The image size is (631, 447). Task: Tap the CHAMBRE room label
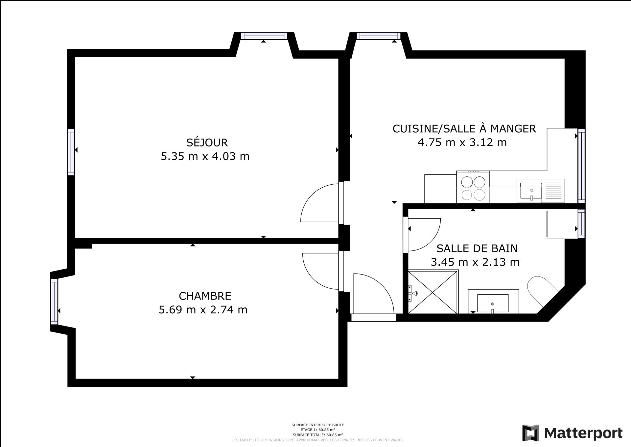(x=205, y=296)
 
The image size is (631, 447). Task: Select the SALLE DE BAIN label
(x=477, y=248)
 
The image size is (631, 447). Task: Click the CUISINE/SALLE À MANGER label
(x=464, y=128)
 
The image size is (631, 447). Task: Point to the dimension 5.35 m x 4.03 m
(x=205, y=156)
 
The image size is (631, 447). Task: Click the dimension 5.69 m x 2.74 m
(x=203, y=310)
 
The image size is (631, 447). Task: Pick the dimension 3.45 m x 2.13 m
(x=475, y=262)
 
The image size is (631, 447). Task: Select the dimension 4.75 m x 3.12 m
(x=462, y=142)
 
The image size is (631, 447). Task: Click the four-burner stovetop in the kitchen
(x=473, y=187)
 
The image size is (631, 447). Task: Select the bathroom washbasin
(x=493, y=303)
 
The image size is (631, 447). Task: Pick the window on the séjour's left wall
(x=71, y=152)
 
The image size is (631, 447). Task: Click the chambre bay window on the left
(x=54, y=301)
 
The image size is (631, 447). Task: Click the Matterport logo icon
(x=531, y=433)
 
